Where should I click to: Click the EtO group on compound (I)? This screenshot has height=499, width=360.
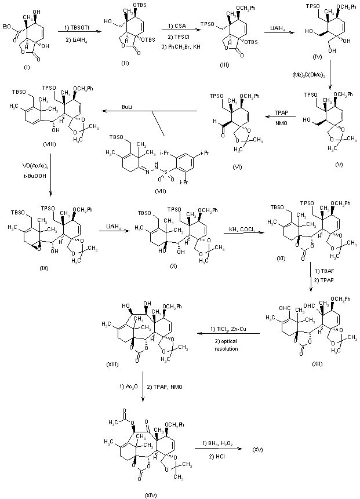pyautogui.click(x=8, y=25)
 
